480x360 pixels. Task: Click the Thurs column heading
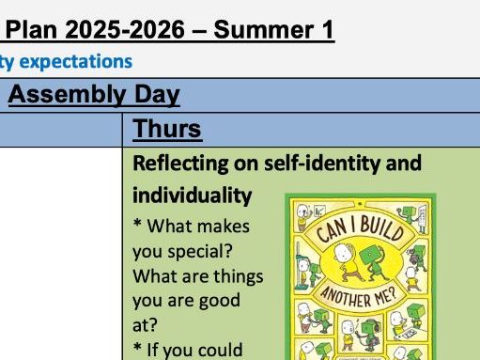pos(164,129)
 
